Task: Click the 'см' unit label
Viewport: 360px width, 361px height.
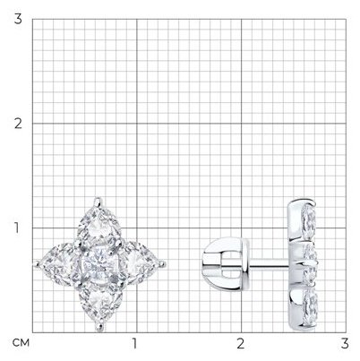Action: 21,343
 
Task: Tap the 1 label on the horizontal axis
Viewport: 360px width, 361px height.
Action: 134,344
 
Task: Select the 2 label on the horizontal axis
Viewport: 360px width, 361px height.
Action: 241,344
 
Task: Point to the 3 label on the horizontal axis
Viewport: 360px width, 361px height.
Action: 345,344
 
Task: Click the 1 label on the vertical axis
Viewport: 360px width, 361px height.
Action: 18,228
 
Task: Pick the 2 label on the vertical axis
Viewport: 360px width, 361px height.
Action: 18,124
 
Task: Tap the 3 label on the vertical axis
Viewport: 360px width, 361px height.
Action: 18,19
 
